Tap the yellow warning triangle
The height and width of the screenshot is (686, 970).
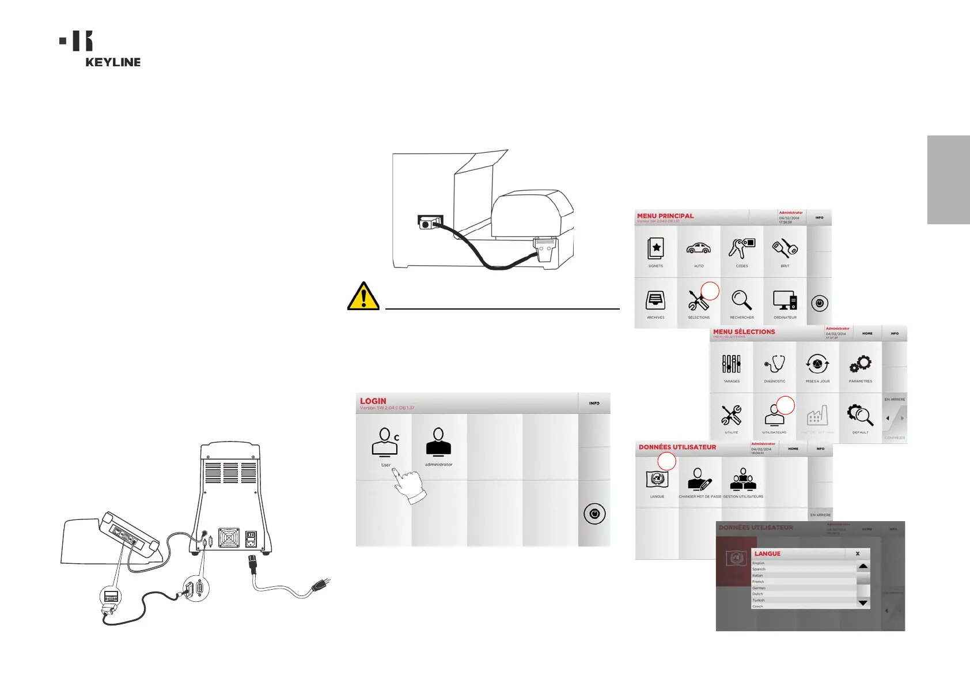pyautogui.click(x=363, y=297)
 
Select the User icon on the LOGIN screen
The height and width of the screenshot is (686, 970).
pyautogui.click(x=385, y=443)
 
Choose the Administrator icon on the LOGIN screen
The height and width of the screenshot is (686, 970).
pyautogui.click(x=438, y=443)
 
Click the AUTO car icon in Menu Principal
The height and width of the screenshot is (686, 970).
pyautogui.click(x=699, y=248)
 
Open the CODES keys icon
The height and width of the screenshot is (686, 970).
pyautogui.click(x=742, y=248)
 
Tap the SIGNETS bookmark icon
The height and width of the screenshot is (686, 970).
pyautogui.click(x=655, y=248)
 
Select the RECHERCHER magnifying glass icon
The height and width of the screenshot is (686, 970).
pyautogui.click(x=742, y=300)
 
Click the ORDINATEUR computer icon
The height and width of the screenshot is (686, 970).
pyautogui.click(x=785, y=300)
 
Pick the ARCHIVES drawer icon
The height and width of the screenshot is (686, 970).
pyautogui.click(x=655, y=300)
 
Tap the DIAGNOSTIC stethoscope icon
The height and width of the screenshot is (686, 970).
pyautogui.click(x=775, y=364)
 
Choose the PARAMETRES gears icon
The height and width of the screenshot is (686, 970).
pyautogui.click(x=861, y=364)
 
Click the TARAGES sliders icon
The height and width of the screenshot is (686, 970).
pyautogui.click(x=732, y=364)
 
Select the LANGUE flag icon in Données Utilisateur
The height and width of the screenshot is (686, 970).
pyautogui.click(x=657, y=479)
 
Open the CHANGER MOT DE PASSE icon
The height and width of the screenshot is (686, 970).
pyautogui.click(x=699, y=479)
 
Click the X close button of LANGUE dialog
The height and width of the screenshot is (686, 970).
pyautogui.click(x=858, y=553)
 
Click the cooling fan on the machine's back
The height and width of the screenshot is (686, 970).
pyautogui.click(x=229, y=538)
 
